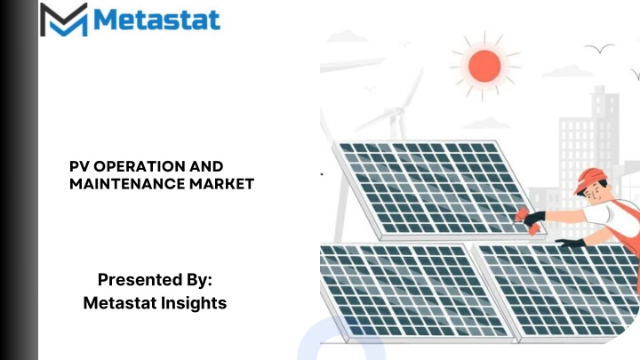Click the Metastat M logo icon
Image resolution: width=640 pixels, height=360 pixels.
click(x=64, y=20)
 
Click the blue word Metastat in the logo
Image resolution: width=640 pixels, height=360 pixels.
click(x=157, y=20)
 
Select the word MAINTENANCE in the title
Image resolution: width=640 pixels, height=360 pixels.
click(x=127, y=184)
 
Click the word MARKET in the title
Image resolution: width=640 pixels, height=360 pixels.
click(x=221, y=184)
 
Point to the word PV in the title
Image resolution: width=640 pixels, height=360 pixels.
click(x=80, y=166)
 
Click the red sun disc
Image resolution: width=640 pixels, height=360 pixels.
click(x=484, y=66)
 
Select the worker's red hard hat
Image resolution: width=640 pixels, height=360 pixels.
click(x=590, y=180)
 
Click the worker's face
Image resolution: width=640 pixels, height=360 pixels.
click(x=596, y=193)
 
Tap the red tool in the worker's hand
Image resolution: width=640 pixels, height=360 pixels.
click(x=527, y=220)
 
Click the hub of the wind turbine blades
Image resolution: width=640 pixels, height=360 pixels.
click(x=396, y=111)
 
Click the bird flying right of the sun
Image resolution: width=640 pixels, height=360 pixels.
click(x=600, y=48)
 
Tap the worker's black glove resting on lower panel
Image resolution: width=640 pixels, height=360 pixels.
click(x=570, y=243)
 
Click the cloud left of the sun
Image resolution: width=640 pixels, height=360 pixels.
click(x=347, y=36)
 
